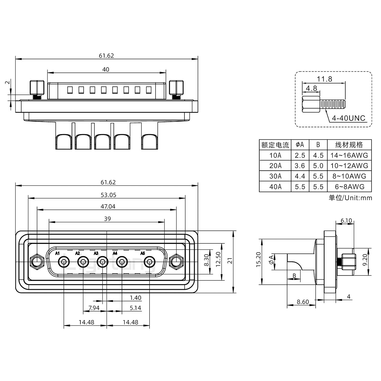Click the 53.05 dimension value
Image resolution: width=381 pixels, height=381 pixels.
[x=108, y=195]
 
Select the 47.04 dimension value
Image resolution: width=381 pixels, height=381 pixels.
[x=108, y=206]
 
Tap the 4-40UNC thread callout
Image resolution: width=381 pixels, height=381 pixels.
[x=348, y=118]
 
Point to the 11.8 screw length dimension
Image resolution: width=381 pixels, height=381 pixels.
[x=324, y=79]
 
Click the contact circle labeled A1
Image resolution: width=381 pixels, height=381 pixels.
[x=64, y=262]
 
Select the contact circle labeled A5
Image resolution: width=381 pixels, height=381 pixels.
[x=149, y=262]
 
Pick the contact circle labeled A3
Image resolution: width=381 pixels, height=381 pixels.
[x=102, y=262]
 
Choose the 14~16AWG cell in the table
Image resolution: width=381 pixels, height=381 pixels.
[x=349, y=155]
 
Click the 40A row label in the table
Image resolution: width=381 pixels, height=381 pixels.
[x=275, y=187]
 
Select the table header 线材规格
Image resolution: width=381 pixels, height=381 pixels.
[x=349, y=145]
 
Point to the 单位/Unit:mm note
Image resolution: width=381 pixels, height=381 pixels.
[x=350, y=198]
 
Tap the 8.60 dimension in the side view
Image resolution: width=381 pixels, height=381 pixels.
[x=303, y=302]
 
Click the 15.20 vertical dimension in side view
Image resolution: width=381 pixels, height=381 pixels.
[x=258, y=259]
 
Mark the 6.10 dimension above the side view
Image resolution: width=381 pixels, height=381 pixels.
[x=346, y=220]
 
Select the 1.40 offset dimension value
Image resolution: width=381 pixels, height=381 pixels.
[x=135, y=298]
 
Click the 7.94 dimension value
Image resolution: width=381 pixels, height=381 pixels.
[x=94, y=308]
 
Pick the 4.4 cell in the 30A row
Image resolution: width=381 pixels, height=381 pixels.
[x=300, y=176]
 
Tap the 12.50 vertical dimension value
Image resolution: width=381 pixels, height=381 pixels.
[x=218, y=259]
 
